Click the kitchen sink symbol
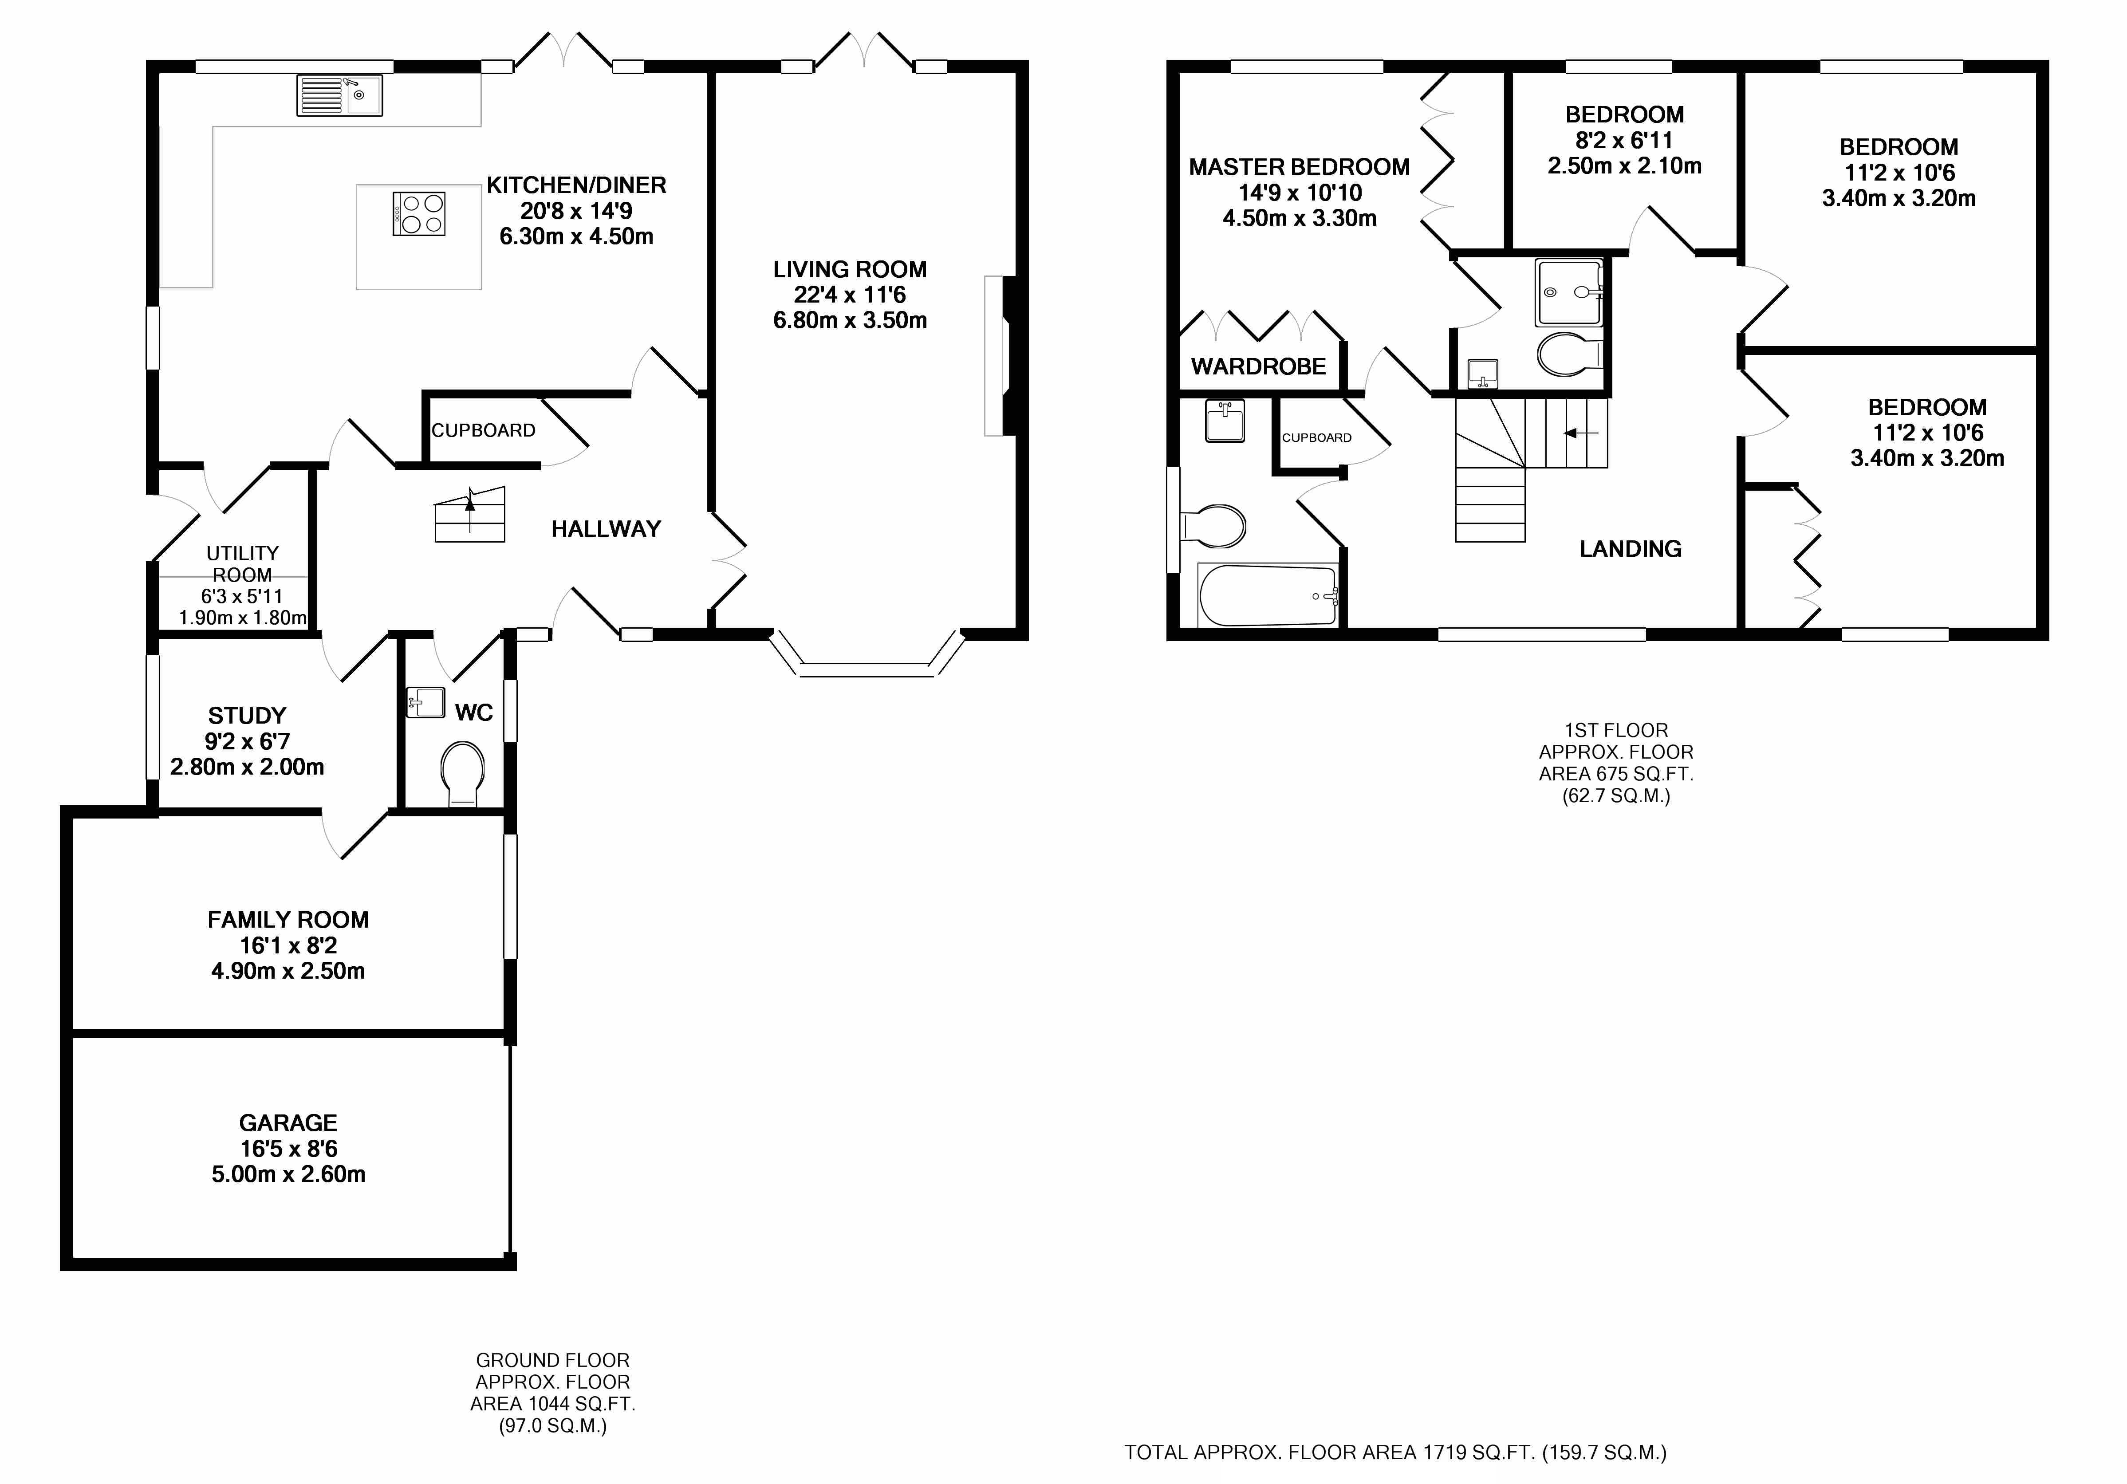pos(339,95)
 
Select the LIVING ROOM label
pos(850,270)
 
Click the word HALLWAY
pos(606,529)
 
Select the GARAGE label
pos(288,1123)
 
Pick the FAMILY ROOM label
pos(288,920)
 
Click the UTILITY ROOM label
pos(243,563)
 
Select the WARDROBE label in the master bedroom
pos(1258,367)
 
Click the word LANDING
pos(1631,549)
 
